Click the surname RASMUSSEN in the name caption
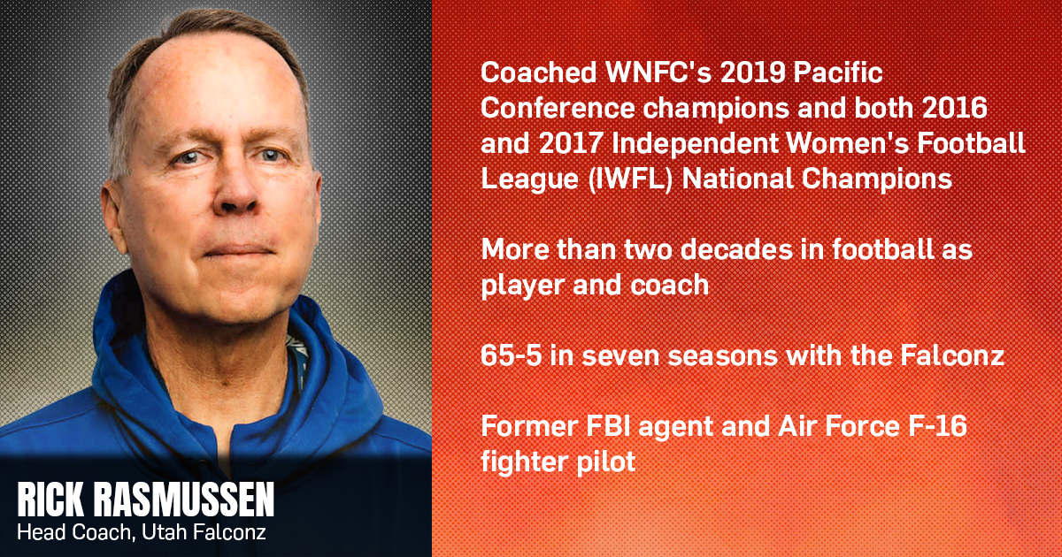(x=184, y=500)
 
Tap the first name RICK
(x=51, y=500)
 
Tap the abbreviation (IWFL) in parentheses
(x=630, y=179)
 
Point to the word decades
(x=736, y=249)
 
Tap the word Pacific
(x=838, y=72)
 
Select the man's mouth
(x=240, y=250)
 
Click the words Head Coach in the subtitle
(x=74, y=532)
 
